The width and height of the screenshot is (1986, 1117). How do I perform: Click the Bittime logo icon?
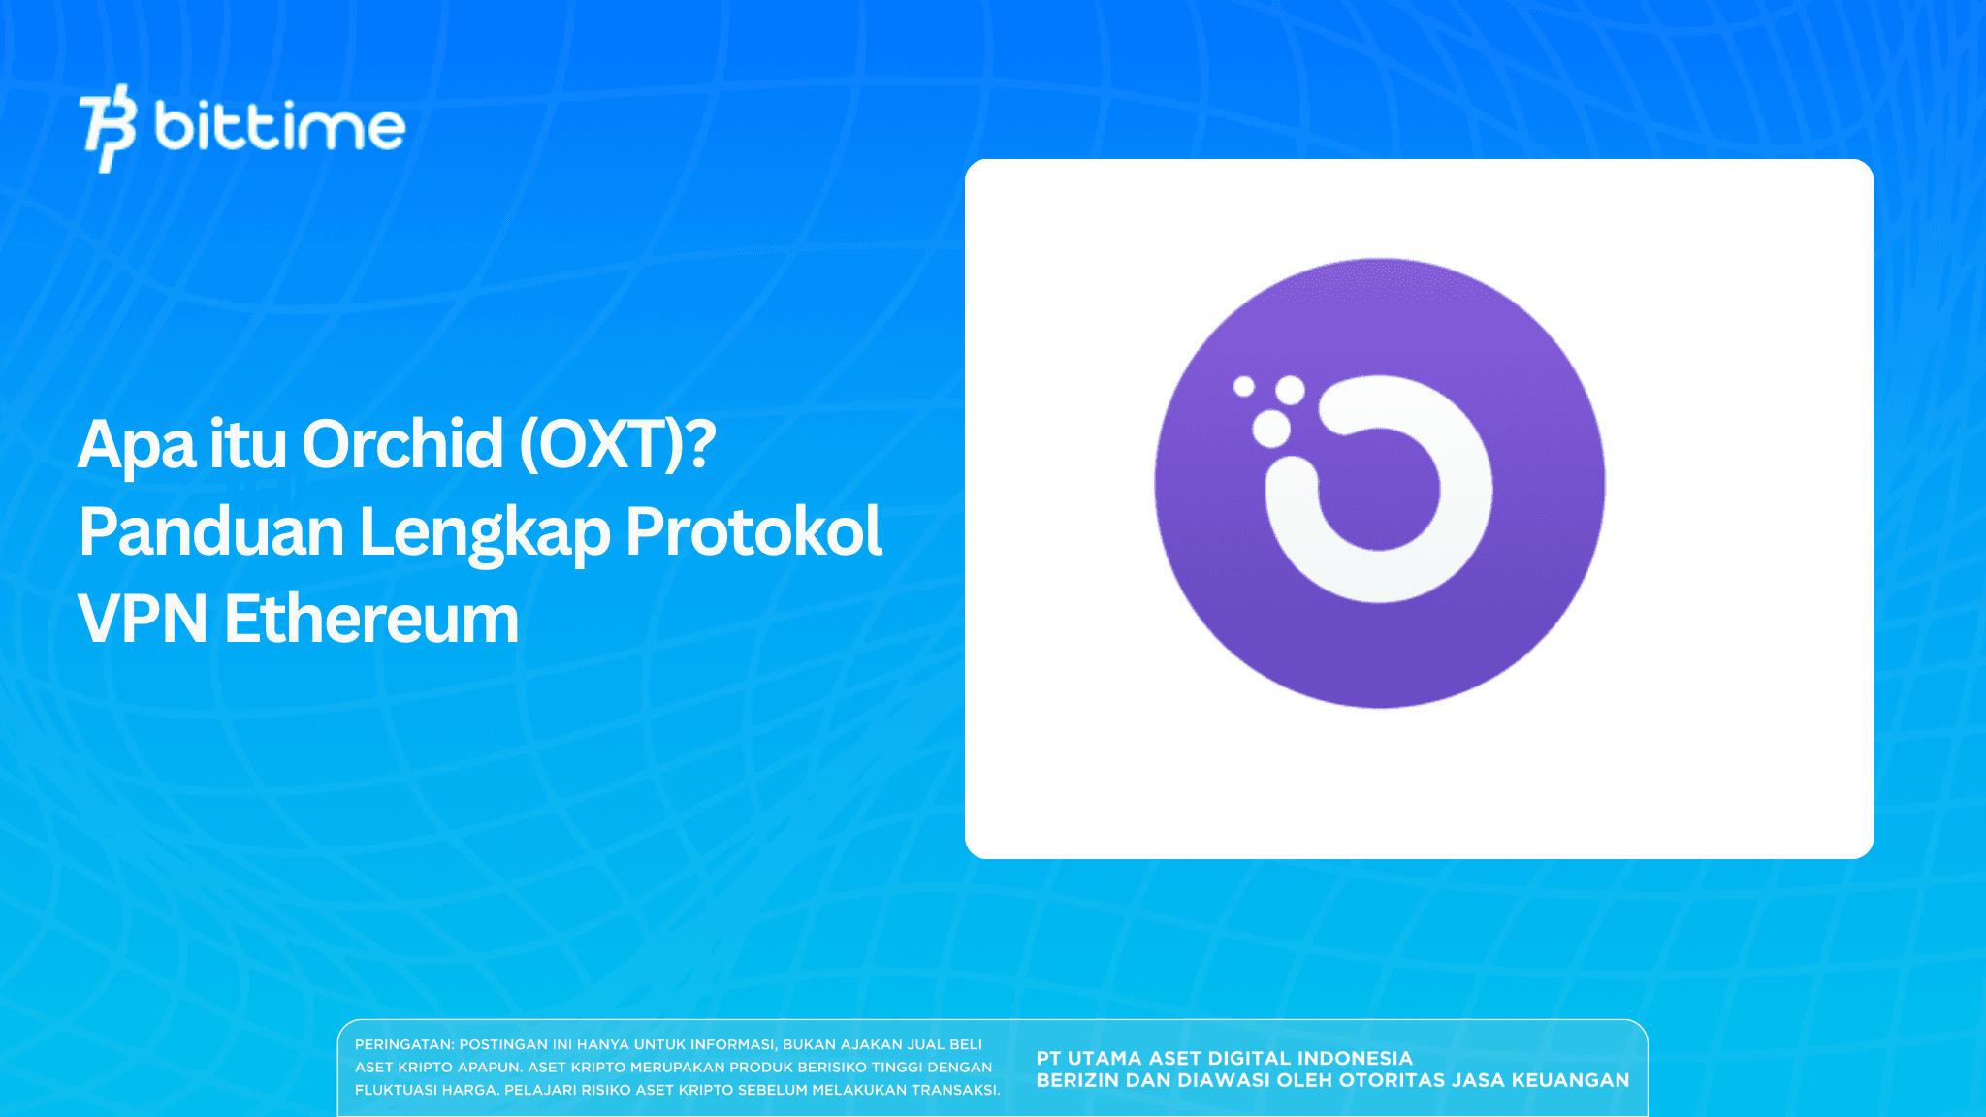[x=108, y=128]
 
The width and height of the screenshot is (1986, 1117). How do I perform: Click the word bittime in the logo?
[x=279, y=127]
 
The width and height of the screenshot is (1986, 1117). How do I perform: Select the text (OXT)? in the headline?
[x=618, y=445]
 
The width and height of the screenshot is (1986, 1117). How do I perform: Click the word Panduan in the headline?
[x=211, y=532]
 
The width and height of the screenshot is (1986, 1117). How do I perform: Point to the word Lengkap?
[x=484, y=532]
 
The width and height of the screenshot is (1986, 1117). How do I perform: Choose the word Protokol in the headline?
[x=753, y=532]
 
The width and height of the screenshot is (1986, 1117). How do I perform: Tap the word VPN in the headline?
[x=143, y=620]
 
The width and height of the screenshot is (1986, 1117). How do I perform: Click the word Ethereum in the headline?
[x=371, y=620]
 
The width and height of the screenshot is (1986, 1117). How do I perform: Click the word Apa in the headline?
[x=137, y=445]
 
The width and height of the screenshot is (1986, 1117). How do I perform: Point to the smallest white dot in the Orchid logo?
[x=1243, y=387]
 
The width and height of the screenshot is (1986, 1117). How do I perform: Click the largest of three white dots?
[x=1271, y=429]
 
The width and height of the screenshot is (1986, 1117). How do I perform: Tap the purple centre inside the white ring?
[x=1379, y=490]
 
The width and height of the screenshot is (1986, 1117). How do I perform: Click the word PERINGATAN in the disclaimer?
[x=403, y=1044]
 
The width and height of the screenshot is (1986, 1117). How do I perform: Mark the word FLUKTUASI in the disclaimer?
[x=392, y=1090]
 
